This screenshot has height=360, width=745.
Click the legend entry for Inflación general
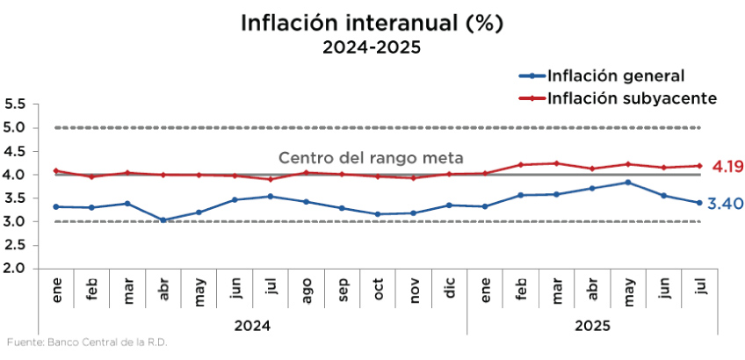(615, 76)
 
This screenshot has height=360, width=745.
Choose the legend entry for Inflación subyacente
(632, 97)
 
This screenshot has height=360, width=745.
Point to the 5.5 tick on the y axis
(15, 104)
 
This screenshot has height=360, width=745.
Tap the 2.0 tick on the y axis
(15, 268)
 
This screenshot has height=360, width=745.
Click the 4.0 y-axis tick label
(15, 175)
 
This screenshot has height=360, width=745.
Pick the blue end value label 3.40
(726, 204)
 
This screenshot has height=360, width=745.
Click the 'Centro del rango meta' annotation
(371, 158)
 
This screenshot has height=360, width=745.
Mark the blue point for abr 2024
(163, 220)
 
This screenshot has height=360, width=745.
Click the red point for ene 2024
(56, 171)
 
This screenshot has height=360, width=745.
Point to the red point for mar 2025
(555, 163)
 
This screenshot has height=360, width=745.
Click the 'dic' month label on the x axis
(450, 292)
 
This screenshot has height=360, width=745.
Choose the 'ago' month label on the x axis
(306, 292)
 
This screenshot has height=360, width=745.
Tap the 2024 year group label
(252, 325)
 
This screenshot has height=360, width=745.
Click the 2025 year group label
(592, 325)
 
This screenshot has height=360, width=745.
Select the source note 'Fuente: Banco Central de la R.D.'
(86, 342)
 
